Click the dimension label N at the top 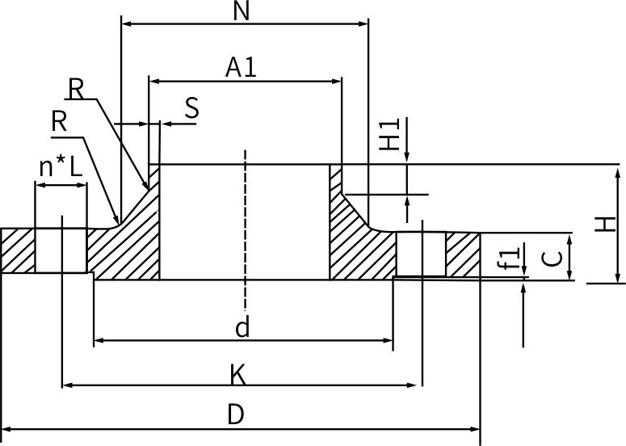(240, 11)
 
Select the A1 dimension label (241, 68)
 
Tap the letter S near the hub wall (191, 108)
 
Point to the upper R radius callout (76, 89)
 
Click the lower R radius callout (58, 122)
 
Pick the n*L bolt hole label (61, 167)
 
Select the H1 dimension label (391, 135)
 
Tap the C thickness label (552, 258)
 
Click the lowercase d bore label (242, 327)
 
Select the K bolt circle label (237, 374)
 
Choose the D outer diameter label (235, 414)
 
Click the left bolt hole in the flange (61, 251)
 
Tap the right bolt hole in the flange (421, 254)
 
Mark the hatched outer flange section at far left (17, 251)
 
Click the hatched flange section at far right (463, 254)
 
